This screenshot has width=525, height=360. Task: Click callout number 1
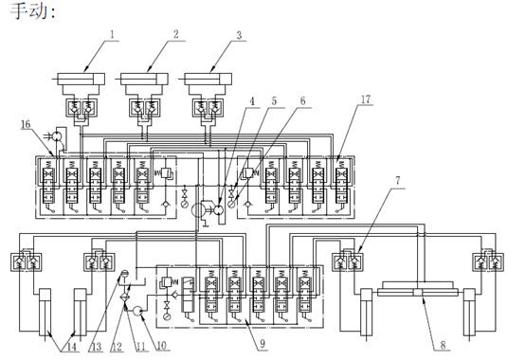coord(112,34)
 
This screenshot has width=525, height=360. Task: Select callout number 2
coord(175,34)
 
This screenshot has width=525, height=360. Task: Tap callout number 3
coord(239,35)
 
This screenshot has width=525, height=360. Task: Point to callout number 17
coord(366,99)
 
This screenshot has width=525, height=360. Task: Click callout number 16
coord(26,124)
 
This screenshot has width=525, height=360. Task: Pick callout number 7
coord(397,181)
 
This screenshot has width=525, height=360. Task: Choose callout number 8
coord(443,345)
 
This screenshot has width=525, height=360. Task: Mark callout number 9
coord(262,343)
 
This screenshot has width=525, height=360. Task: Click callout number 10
coord(161,346)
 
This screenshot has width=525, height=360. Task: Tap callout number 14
coord(72,347)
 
